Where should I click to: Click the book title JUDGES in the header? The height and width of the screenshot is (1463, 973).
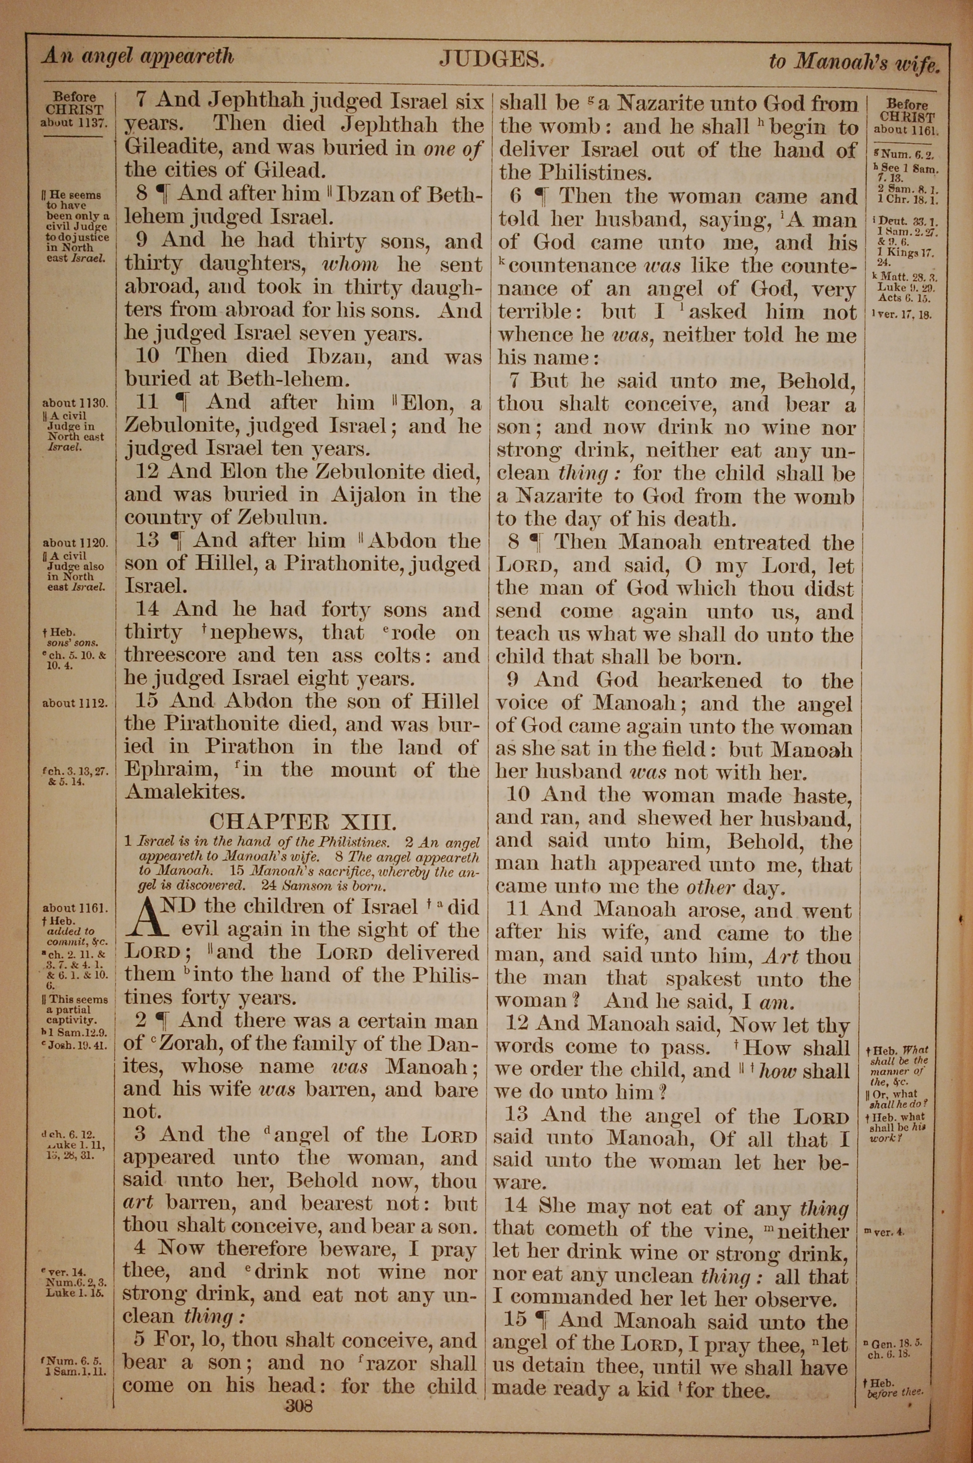tap(491, 58)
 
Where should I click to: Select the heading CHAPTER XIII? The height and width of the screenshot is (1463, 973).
tap(302, 822)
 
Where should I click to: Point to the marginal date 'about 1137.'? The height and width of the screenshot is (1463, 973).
tap(74, 122)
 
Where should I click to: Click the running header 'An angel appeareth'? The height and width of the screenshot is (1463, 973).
tap(138, 57)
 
